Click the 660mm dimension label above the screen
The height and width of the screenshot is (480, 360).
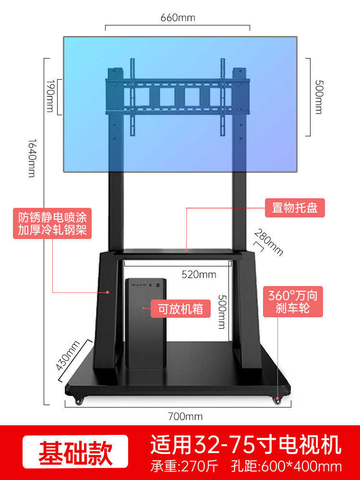pos(178,18)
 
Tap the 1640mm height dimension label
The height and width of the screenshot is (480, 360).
pos(32,158)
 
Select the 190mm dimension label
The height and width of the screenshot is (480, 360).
pos(49,96)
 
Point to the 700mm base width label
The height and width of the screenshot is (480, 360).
pos(185,416)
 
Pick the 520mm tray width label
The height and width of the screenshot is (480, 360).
pos(199,275)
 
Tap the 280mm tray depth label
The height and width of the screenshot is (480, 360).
pos(269,242)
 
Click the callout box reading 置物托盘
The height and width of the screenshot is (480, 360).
pos(295,209)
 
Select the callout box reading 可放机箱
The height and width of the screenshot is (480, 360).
pos(180,309)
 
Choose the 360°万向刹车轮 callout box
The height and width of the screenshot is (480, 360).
pos(293,301)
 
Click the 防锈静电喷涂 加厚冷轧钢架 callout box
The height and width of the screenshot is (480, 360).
pos(52,223)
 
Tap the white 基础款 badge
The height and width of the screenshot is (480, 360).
pos(76,452)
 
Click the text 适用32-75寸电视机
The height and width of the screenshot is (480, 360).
pos(246,444)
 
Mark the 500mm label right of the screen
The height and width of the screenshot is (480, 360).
pos(318,97)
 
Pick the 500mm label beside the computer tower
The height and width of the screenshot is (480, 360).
pos(221,311)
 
